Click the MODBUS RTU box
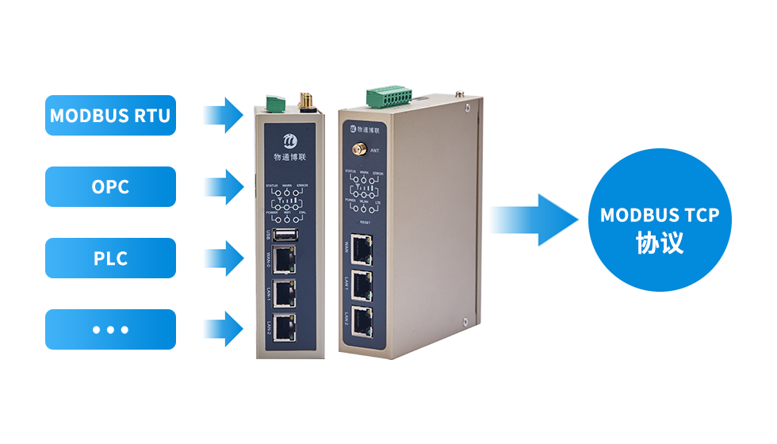point(109,115)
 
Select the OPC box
point(109,186)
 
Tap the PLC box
point(109,258)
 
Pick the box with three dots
point(109,329)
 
